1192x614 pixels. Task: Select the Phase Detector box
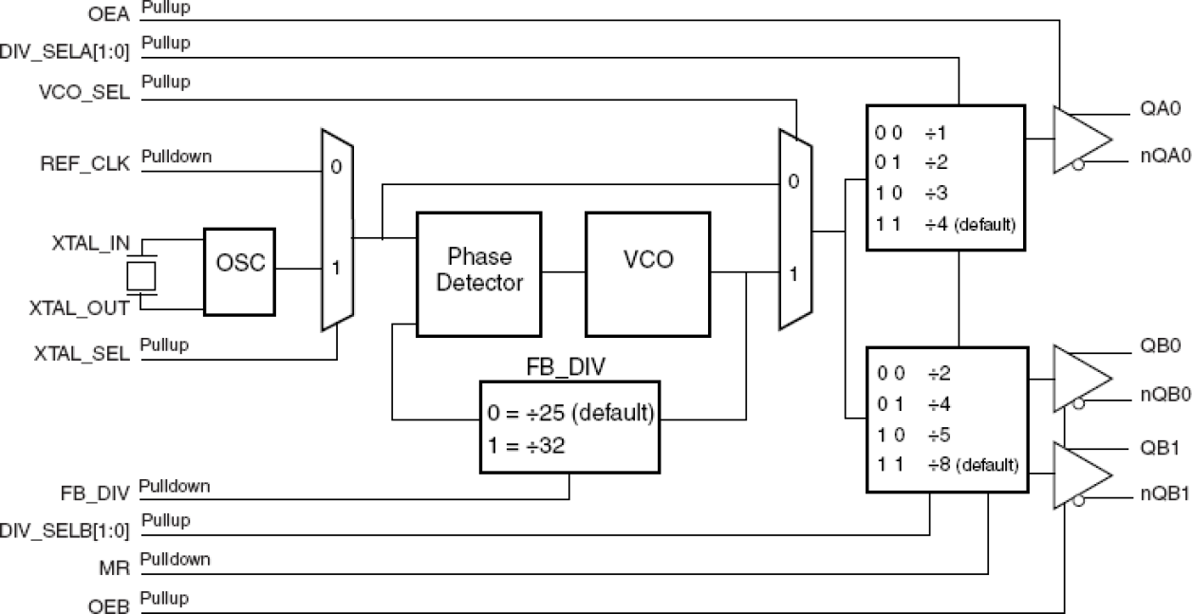pos(478,273)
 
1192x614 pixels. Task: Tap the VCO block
pos(649,273)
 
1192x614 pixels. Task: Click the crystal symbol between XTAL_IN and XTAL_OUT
pos(140,276)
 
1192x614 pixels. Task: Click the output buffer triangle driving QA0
pos(1080,140)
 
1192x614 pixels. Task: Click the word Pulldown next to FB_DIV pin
pos(175,487)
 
